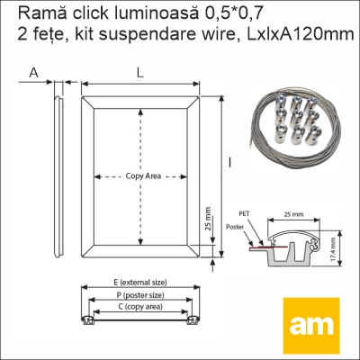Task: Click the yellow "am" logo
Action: [x=311, y=326]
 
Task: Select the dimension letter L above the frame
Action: [x=139, y=72]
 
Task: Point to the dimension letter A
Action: [x=34, y=72]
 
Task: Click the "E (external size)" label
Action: [x=140, y=283]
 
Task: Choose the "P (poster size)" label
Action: [x=140, y=295]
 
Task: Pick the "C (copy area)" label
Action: [x=140, y=307]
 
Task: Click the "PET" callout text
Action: [x=244, y=213]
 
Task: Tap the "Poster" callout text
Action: [x=235, y=227]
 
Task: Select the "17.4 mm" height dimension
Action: [x=333, y=248]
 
